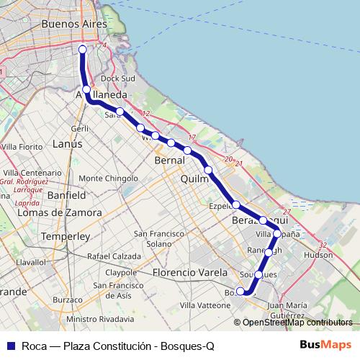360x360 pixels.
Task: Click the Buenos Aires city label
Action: click(x=64, y=24)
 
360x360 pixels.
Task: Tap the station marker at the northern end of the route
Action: click(x=82, y=49)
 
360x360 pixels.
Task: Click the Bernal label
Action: click(x=170, y=161)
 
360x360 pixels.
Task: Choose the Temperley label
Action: click(x=64, y=235)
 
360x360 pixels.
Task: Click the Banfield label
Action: click(x=66, y=194)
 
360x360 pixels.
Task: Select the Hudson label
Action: click(x=318, y=255)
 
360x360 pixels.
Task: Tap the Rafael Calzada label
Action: click(x=114, y=256)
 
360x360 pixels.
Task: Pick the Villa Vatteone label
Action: click(x=205, y=305)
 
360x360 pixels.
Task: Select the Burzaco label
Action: click(x=68, y=298)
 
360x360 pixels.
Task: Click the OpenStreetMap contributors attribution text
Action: click(x=297, y=323)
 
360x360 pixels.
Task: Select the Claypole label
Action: click(x=120, y=273)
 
